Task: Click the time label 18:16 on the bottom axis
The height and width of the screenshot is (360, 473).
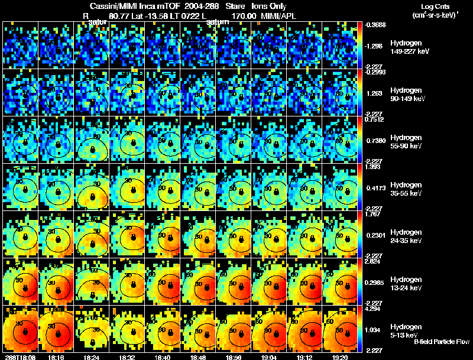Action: click(x=57, y=357)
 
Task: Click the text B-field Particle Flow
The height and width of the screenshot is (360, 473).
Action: click(x=441, y=342)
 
